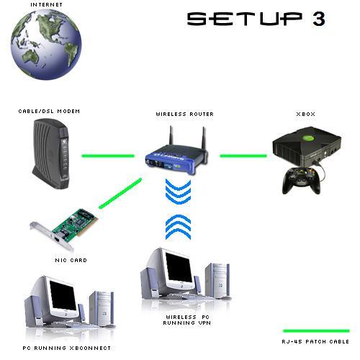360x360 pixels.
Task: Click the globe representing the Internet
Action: tap(46, 44)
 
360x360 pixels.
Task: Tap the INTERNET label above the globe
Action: tap(46, 4)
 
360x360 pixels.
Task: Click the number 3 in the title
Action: tap(319, 19)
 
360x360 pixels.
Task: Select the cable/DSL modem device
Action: tap(51, 153)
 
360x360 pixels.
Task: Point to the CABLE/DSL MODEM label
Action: tap(49, 112)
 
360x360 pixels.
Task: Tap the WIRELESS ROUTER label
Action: tap(185, 114)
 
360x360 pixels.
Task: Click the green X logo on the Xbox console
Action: tap(308, 138)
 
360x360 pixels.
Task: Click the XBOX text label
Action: tap(306, 114)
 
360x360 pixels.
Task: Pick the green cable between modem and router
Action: tap(108, 156)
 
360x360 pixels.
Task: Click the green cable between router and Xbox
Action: tap(243, 156)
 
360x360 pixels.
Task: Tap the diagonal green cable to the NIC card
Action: tap(120, 193)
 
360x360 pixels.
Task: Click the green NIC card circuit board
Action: tap(75, 222)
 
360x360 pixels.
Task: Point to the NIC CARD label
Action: tap(71, 260)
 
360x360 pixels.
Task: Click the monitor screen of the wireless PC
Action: tap(179, 266)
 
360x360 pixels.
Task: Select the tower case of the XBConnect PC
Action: tap(102, 308)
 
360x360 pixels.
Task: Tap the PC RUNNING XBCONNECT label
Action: tap(67, 348)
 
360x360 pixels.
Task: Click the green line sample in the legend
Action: tap(316, 331)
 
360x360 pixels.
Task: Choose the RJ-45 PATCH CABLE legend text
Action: tap(315, 341)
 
